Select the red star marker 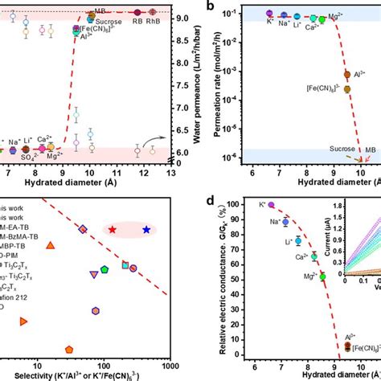click(112, 230)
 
